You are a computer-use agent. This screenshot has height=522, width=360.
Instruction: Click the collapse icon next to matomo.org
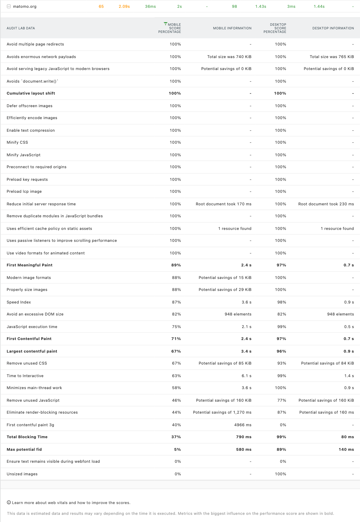tap(9, 6)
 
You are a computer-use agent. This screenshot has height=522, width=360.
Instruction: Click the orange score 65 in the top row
tap(101, 6)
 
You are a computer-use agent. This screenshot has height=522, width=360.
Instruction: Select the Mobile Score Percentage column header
tap(170, 28)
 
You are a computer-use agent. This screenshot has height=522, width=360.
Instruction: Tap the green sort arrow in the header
tap(165, 23)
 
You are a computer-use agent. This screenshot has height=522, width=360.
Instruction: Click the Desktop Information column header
tap(333, 28)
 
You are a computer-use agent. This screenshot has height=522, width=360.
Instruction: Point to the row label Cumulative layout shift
tap(31, 93)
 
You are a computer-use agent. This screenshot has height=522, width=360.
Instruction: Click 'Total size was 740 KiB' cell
tap(229, 57)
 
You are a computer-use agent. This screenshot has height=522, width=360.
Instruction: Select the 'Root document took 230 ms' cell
tap(326, 204)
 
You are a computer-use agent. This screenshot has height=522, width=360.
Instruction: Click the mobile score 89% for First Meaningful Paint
tap(176, 265)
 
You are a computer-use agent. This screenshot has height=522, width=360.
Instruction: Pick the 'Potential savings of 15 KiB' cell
tap(225, 278)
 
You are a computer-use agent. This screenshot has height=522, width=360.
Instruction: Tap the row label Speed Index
tap(19, 302)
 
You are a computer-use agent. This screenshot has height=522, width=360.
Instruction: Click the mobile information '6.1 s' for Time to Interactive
tap(246, 376)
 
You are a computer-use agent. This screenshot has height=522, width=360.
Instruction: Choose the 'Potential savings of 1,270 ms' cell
tap(222, 412)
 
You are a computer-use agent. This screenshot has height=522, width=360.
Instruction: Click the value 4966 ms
tap(243, 425)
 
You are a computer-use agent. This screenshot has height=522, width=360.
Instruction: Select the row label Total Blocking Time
tap(27, 437)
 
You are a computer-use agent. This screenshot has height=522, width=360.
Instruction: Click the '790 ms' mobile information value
tap(243, 437)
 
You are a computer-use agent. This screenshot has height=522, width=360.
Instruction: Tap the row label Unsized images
tap(22, 474)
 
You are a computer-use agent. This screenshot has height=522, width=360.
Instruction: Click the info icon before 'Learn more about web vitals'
tap(9, 503)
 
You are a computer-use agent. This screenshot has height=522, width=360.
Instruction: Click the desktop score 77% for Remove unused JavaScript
tap(282, 400)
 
